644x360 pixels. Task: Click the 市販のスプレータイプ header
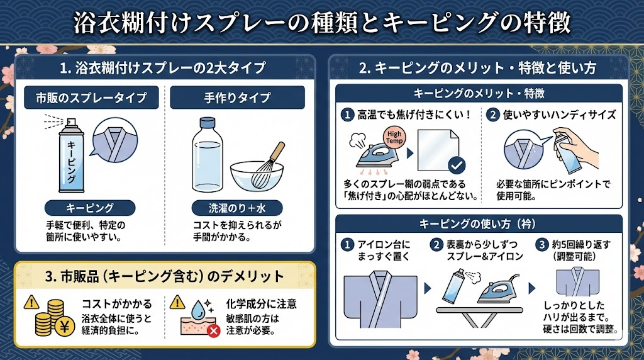pos(91,98)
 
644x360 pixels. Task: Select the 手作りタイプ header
pos(237,98)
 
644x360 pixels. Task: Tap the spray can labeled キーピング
pos(71,155)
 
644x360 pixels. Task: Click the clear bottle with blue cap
pos(208,155)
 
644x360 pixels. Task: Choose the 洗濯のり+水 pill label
pos(237,208)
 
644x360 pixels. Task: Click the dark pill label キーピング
pos(90,208)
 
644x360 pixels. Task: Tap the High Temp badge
pos(394,137)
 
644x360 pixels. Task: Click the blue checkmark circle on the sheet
pos(457,165)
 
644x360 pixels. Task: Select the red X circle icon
pos(214,330)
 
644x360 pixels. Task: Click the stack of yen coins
pos(55,318)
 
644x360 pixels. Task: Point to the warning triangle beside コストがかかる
pos(31,303)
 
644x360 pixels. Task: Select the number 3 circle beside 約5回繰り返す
pos(541,245)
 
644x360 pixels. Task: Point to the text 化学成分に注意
pos(261,304)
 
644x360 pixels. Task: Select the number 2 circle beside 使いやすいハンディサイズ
pos(492,115)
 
